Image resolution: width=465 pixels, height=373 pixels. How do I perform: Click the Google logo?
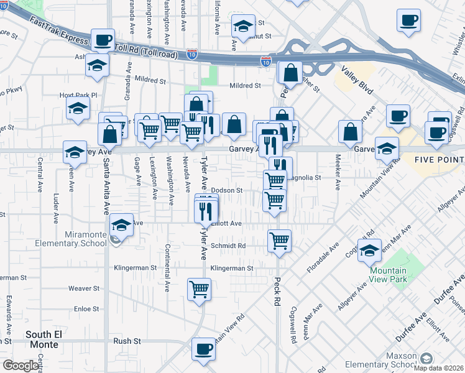point(20,366)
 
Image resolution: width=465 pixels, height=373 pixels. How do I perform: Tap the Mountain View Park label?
point(388,275)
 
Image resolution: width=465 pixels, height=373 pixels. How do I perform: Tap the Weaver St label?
point(84,288)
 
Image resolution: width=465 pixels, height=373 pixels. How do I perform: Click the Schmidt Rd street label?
point(228,246)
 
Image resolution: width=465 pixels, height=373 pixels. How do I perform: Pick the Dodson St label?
point(226,190)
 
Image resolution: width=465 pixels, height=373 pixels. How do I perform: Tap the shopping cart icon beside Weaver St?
point(199,288)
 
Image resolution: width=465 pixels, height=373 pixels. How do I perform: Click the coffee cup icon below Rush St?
point(203,349)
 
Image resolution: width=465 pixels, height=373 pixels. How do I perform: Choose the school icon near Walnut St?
point(244,26)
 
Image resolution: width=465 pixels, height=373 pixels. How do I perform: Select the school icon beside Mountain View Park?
point(369,250)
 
